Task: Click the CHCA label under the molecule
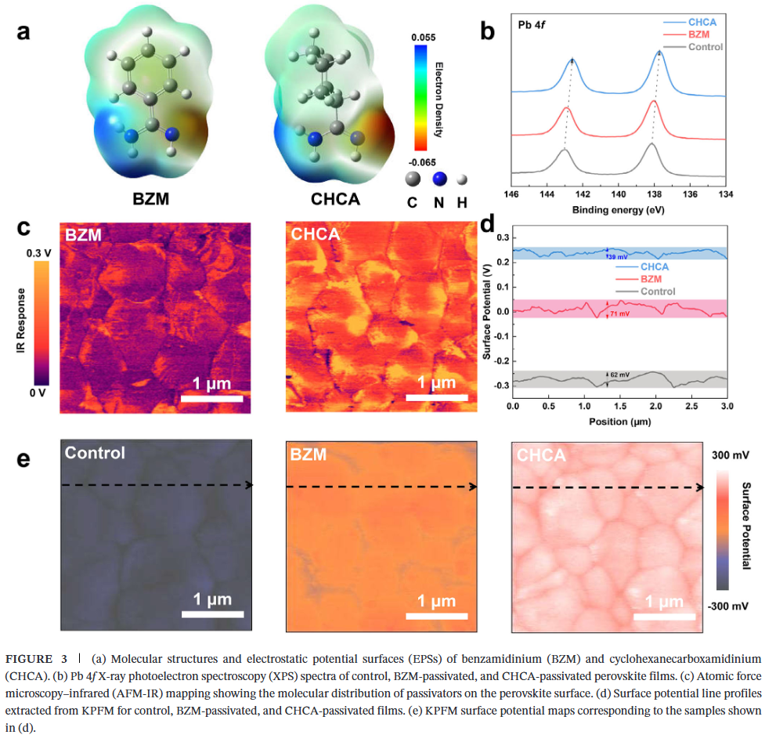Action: (335, 200)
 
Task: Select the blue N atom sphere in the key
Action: (439, 179)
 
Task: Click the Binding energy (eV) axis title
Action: (618, 210)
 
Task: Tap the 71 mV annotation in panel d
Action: (619, 313)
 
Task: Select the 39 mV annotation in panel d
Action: (619, 256)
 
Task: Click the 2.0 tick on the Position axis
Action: (655, 407)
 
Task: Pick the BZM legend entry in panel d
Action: (653, 279)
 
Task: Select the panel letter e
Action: (24, 458)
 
